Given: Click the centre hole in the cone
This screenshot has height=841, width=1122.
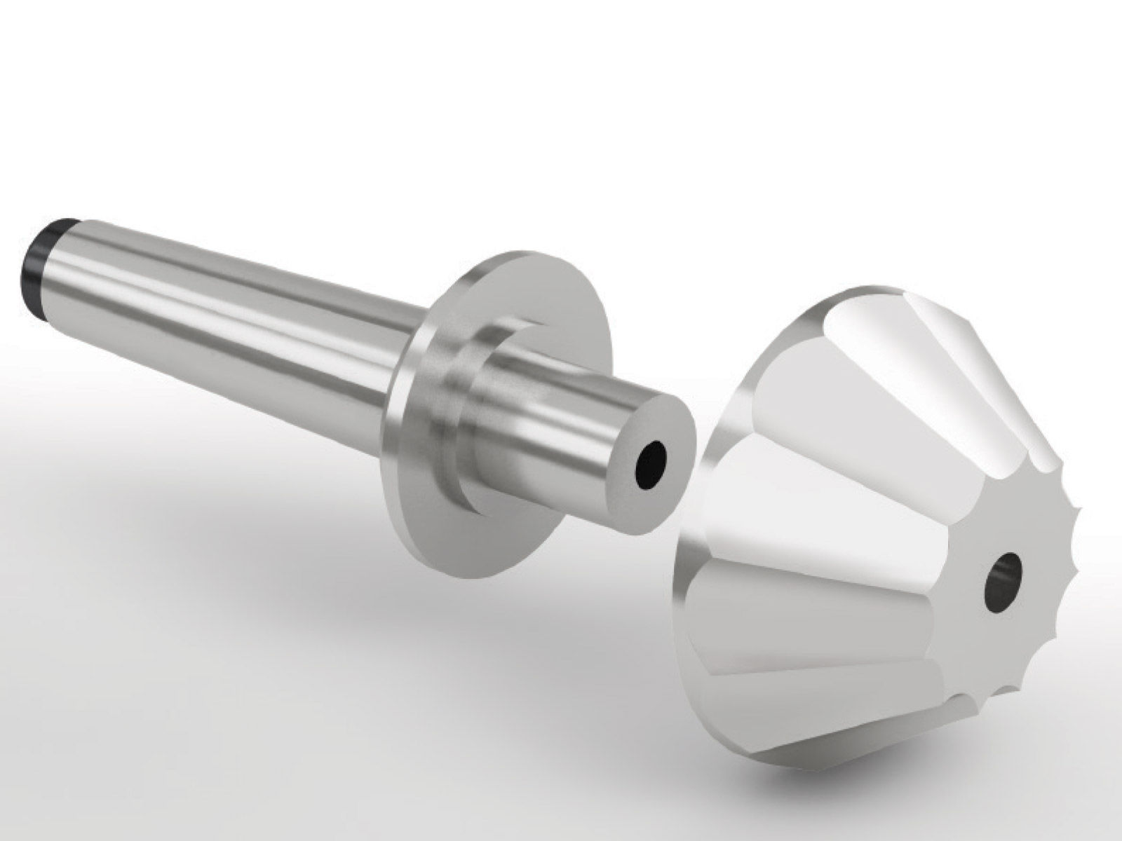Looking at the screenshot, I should pyautogui.click(x=1004, y=573).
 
